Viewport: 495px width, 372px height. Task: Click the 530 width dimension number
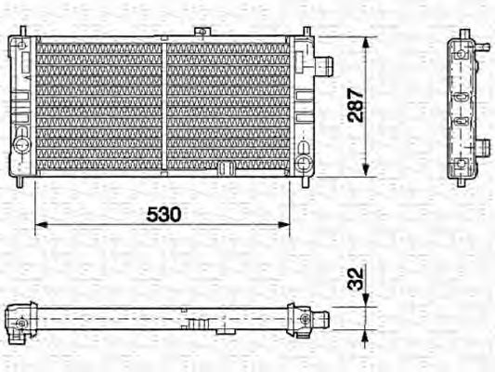(x=163, y=213)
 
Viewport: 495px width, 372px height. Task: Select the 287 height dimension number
(x=354, y=105)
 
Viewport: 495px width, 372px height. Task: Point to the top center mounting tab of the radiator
(x=199, y=33)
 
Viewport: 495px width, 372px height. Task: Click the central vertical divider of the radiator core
(x=164, y=104)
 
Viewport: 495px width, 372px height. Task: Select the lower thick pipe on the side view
(x=481, y=146)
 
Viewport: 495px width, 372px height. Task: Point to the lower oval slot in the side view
(x=462, y=120)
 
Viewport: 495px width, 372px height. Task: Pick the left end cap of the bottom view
(x=19, y=320)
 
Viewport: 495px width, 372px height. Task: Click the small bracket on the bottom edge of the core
(x=225, y=168)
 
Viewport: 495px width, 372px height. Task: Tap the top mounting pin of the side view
(x=462, y=35)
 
